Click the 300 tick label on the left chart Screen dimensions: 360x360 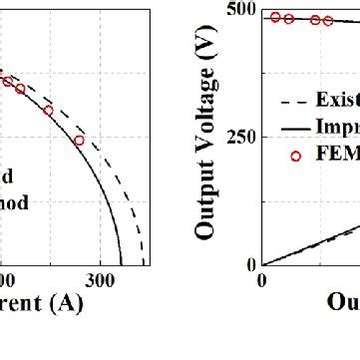[x=96, y=282]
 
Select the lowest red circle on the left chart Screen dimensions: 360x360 [x=79, y=140]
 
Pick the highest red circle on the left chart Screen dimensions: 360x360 [x=7, y=82]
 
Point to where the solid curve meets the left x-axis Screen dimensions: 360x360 [x=122, y=264]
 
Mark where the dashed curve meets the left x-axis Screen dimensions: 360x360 [x=143, y=264]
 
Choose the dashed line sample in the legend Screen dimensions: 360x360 [x=294, y=99]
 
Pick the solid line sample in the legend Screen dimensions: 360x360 [x=294, y=128]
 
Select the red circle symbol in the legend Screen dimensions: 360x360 [x=295, y=157]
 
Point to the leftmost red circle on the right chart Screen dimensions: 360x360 [x=275, y=17]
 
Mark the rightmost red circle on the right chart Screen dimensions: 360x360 [x=328, y=20]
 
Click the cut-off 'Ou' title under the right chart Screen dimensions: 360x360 [x=344, y=301]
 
